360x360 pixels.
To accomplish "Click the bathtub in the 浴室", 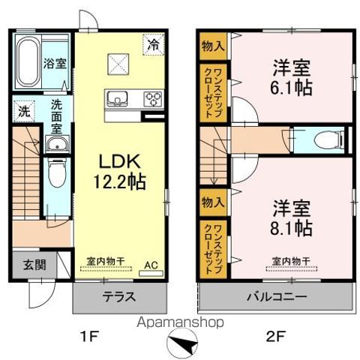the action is click(x=28, y=61).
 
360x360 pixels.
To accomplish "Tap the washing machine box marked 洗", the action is click(x=24, y=111).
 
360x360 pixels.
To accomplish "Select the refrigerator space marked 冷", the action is click(x=153, y=44).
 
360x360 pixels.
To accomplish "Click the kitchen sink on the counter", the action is click(x=117, y=98).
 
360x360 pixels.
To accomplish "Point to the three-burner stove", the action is click(x=153, y=99).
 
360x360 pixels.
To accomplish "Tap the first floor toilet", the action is click(x=57, y=172).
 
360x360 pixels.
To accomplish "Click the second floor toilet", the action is click(x=329, y=140).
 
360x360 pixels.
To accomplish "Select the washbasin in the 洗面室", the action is click(x=57, y=144).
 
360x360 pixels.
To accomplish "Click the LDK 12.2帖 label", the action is click(x=119, y=172).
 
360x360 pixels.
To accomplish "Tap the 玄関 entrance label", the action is click(x=34, y=265).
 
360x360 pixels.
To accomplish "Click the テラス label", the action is click(x=119, y=297).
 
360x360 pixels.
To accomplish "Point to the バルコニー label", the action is click(x=277, y=297).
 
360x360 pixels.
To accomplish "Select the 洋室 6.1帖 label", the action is click(x=291, y=77).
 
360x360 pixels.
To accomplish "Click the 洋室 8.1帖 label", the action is click(x=291, y=218).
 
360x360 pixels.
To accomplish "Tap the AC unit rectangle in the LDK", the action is click(x=151, y=273).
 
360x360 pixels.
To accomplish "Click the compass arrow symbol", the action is click(x=182, y=343).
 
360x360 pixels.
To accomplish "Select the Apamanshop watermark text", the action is click(x=180, y=322).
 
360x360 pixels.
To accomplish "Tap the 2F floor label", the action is click(x=275, y=337).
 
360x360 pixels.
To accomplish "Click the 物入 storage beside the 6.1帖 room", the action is click(x=213, y=46).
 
